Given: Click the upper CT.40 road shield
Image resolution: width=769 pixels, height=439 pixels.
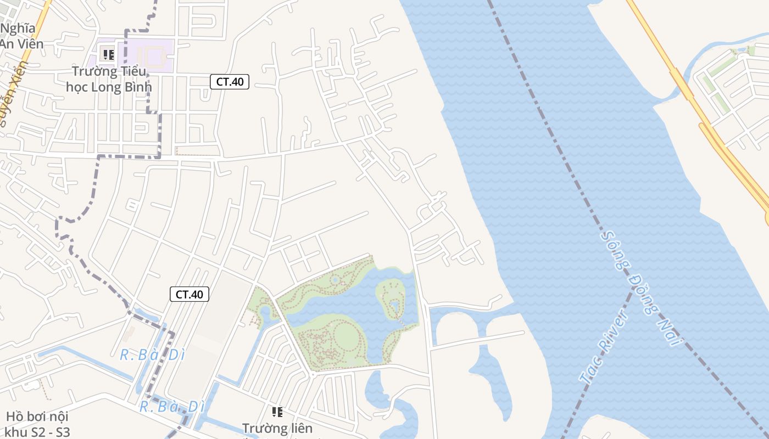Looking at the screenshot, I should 230,82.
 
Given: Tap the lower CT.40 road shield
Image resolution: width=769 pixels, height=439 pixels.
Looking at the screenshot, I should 190,294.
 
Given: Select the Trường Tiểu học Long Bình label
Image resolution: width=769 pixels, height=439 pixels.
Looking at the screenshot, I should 109,79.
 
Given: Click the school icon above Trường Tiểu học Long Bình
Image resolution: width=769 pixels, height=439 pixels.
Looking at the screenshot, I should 109,55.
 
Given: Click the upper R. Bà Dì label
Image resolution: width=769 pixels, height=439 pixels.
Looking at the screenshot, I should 152,355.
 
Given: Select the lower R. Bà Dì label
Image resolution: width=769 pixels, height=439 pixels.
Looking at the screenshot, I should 171,407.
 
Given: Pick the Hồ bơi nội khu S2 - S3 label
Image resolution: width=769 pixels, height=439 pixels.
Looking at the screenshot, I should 37,424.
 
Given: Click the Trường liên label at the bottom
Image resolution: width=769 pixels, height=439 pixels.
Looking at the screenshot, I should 277,428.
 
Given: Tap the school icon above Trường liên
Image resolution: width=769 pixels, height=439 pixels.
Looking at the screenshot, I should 277,412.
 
